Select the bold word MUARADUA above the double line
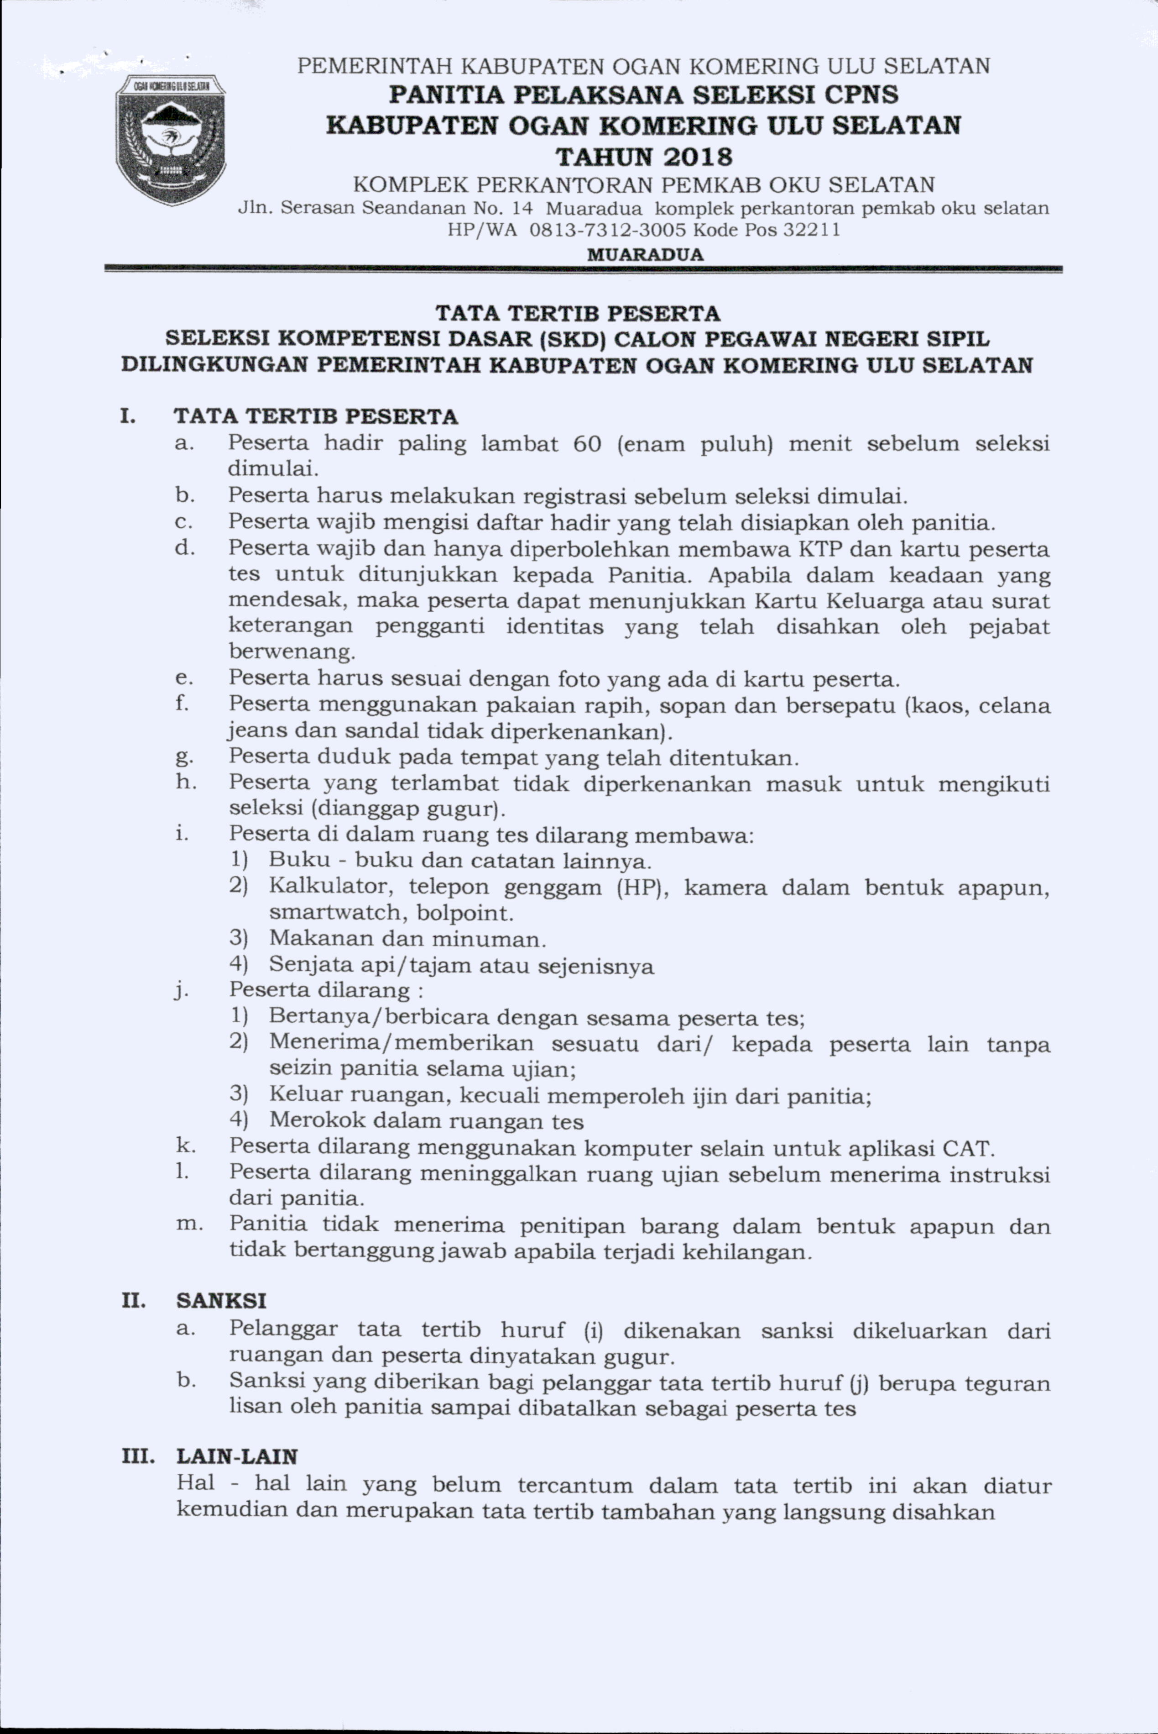pyautogui.click(x=645, y=255)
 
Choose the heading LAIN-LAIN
pyautogui.click(x=237, y=1456)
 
